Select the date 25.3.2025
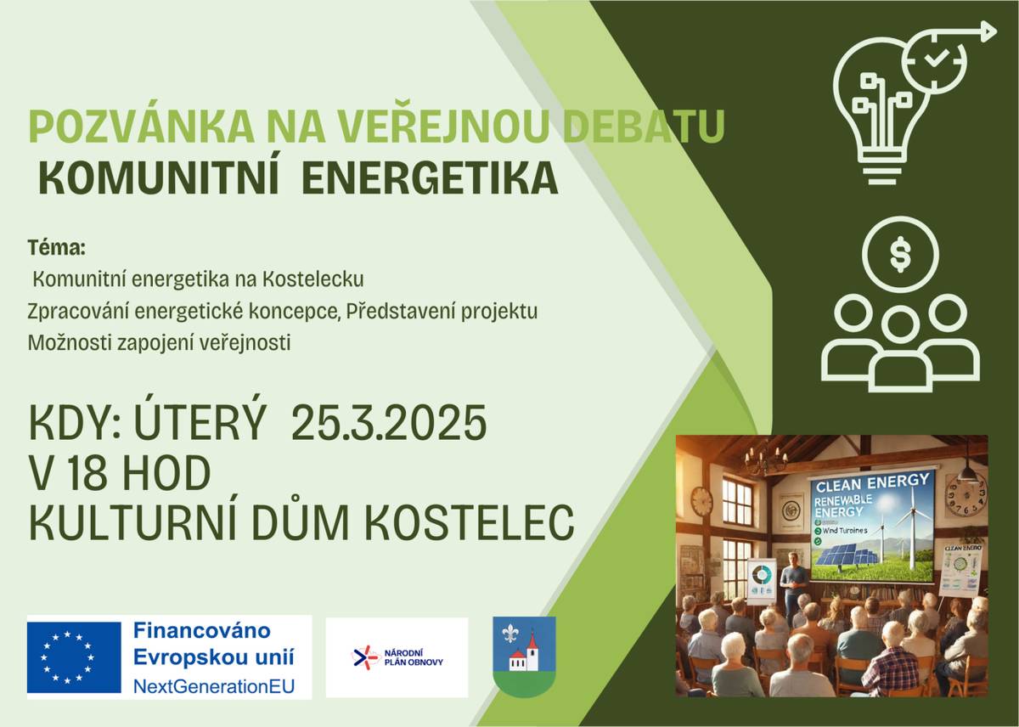[389, 424]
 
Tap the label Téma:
[57, 249]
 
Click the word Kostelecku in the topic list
[313, 279]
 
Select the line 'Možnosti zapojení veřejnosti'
[159, 343]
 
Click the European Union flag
[74, 657]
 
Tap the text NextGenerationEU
[213, 685]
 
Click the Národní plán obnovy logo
[397, 657]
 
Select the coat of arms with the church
[524, 656]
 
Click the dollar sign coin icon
[899, 256]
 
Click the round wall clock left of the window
[701, 502]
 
